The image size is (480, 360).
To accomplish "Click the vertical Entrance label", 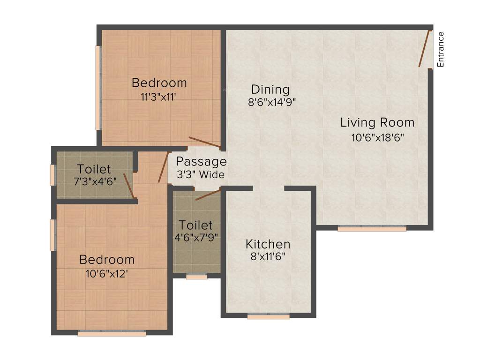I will pos(441,49).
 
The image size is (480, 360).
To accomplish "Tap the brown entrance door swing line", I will pos(424,49).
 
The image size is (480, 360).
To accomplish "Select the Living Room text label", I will pos(377,123).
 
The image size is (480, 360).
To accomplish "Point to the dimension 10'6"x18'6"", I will pos(377,137).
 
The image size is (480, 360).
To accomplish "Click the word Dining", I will pos(270,89).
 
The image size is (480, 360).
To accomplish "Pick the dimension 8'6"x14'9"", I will pos(272,102).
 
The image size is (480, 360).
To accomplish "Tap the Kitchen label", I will pos(268,244).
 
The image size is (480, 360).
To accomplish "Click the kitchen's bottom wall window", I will pos(268,317).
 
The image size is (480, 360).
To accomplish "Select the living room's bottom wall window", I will pos(372,229).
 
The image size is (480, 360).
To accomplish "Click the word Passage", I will pos(201,162).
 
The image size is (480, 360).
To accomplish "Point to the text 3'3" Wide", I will pos(201,174).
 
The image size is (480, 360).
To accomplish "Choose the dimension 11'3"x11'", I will pos(159,97).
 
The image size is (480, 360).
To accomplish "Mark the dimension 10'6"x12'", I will pos(107,274).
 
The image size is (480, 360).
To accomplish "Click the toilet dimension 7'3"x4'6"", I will pos(94,182).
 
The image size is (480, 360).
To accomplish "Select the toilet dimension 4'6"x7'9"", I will pos(196,238).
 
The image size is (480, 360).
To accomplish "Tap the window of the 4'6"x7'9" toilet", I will pos(196,277).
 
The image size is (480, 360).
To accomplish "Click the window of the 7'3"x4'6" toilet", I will pos(53,175).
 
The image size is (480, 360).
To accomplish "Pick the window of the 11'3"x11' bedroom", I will pos(98,88).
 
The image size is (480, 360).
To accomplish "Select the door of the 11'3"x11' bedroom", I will pos(204,142).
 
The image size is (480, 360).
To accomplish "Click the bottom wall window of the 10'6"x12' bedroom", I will pos(112,334).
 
